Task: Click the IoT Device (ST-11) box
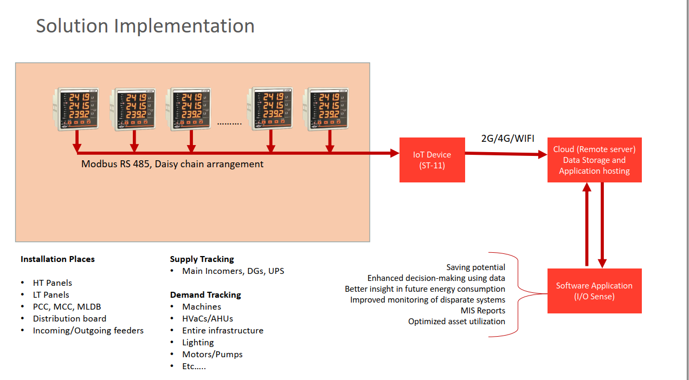432,160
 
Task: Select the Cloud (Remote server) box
594,160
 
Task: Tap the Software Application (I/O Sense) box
594,291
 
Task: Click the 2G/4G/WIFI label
507,139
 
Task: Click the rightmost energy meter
326,109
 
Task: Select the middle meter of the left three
134,109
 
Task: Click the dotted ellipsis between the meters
229,123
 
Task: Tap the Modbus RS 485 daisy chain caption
172,164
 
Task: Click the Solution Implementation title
145,26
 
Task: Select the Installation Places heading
57,259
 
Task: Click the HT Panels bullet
52,283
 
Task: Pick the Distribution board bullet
69,319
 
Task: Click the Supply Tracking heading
202,259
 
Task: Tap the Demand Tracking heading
205,295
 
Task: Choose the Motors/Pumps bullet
212,355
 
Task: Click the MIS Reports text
482,311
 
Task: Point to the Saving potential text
475,267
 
